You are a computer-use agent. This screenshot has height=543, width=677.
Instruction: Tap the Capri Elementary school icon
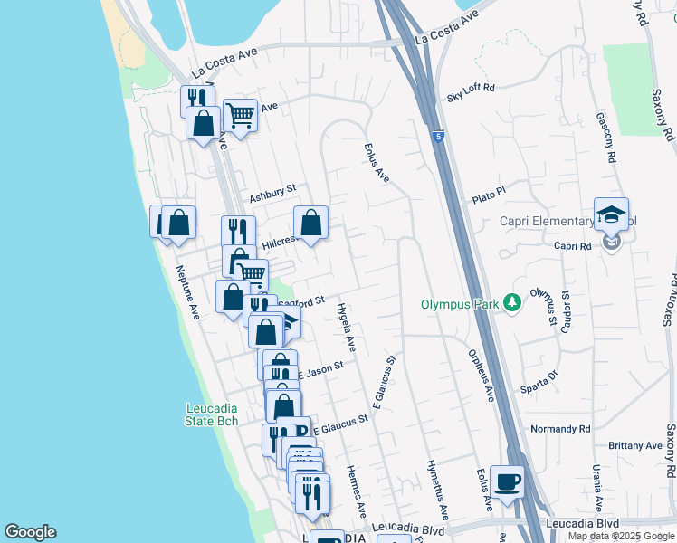pyautogui.click(x=612, y=214)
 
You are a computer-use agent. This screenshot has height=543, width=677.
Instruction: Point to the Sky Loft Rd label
pyautogui.click(x=471, y=88)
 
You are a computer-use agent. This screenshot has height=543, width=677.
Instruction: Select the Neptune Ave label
pyautogui.click(x=188, y=291)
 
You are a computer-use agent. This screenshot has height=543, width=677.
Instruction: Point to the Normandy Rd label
pyautogui.click(x=560, y=428)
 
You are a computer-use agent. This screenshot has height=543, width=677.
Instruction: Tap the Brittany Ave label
pyautogui.click(x=635, y=445)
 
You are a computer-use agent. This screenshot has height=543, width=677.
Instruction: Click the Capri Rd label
pyautogui.click(x=573, y=245)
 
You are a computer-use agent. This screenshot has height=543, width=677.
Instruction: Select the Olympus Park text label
pyautogui.click(x=460, y=304)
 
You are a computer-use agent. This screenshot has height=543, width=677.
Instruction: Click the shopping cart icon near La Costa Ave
pyautogui.click(x=240, y=115)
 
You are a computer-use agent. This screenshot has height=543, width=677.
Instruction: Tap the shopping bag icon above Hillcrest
pyautogui.click(x=310, y=222)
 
